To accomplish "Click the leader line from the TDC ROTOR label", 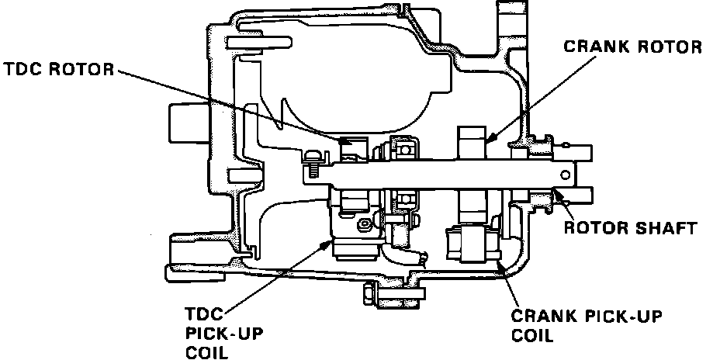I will tap(233, 105).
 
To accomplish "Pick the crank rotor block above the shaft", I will tap(471, 144).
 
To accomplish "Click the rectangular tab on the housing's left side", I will tap(183, 124).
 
